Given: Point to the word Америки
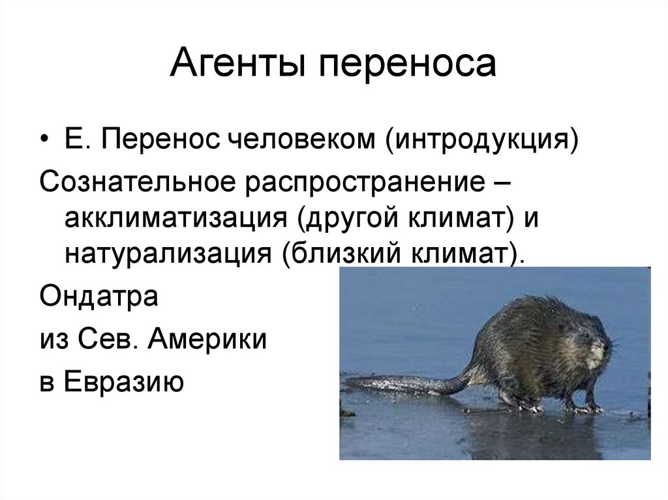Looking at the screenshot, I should click(x=207, y=340).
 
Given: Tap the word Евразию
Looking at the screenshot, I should click(x=124, y=381).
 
